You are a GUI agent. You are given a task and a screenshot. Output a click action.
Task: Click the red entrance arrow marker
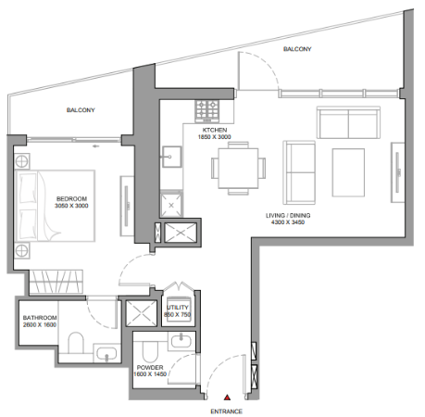(227, 398)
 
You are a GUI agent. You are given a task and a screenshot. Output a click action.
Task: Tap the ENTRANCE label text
(227, 411)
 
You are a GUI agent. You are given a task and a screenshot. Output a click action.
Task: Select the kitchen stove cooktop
(206, 110)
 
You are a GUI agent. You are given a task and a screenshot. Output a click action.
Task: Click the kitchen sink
(171, 157)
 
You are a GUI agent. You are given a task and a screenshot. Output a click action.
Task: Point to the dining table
(238, 169)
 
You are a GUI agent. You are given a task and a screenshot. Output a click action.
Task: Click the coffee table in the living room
(348, 172)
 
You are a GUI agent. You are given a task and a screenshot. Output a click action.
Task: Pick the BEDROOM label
(71, 198)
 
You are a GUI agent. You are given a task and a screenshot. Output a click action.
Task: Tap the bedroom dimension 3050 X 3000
(71, 206)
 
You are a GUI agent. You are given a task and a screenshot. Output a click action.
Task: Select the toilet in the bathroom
(76, 343)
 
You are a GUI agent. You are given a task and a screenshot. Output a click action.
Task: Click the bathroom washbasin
(106, 353)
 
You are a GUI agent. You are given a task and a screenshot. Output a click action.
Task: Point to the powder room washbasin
(181, 341)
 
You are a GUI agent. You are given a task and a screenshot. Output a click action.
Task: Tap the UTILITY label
(178, 308)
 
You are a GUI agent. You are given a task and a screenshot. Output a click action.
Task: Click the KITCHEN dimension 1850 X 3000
(215, 137)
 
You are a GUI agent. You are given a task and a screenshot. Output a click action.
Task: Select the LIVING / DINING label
(288, 215)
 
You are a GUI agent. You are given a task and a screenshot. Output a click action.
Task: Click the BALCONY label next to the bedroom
(81, 110)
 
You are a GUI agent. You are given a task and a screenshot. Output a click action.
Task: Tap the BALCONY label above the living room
(297, 49)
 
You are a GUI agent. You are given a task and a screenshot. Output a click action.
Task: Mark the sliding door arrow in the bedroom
(95, 146)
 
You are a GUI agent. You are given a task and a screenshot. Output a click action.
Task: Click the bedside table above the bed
(22, 161)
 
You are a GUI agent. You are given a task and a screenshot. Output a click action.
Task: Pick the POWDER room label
(150, 367)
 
